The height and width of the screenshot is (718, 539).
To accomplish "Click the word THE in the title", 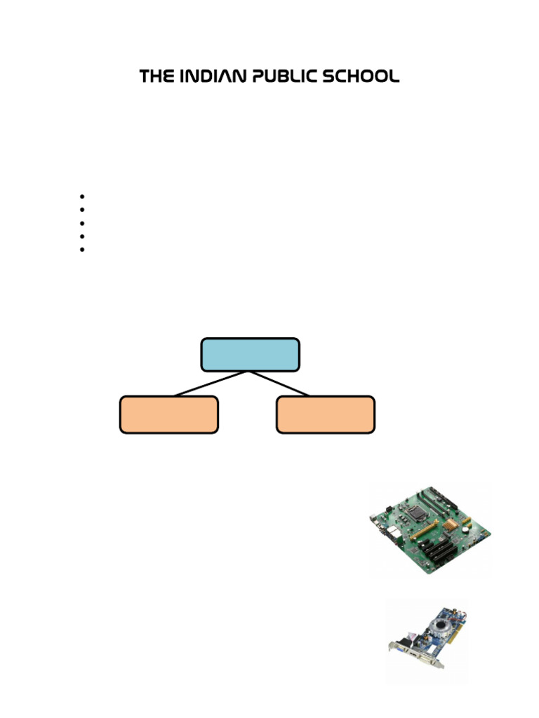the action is tap(155, 76).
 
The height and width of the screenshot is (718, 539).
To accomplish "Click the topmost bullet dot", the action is tap(82, 196).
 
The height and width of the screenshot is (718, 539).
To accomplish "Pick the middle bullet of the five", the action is tap(82, 223).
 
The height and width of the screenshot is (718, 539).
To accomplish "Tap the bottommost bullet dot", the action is tap(82, 249).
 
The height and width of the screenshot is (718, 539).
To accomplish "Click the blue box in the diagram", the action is tap(250, 354).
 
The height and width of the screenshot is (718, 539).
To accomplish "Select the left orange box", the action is tap(168, 414).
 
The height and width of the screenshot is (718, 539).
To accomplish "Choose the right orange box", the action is tap(325, 414).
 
